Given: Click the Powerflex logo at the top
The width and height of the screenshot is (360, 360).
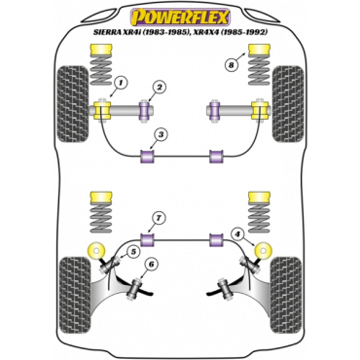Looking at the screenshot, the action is click(x=180, y=17).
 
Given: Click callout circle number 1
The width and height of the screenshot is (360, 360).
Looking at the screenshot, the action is click(x=121, y=84).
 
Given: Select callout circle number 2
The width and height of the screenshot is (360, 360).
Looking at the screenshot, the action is click(x=160, y=88).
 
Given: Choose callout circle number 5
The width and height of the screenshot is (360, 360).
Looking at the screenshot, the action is click(x=133, y=250).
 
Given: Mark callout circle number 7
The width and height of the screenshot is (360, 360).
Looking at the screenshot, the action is click(x=159, y=219).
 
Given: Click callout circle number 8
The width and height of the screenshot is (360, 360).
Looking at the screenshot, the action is click(x=231, y=65).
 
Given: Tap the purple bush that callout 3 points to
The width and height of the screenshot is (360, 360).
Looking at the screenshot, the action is click(x=147, y=156).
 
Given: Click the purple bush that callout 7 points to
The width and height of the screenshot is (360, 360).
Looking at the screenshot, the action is click(x=147, y=239).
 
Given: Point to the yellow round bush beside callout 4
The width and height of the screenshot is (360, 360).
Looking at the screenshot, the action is click(x=264, y=250).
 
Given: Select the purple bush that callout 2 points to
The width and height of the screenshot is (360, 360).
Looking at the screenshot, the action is click(x=145, y=111).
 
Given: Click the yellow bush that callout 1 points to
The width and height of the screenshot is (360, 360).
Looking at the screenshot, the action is click(x=102, y=110).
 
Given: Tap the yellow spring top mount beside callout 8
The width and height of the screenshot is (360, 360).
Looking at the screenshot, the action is click(x=259, y=50).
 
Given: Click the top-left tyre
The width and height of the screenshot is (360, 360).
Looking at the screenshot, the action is click(x=72, y=104).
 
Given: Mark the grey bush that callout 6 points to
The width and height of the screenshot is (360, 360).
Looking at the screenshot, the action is click(x=136, y=287).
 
